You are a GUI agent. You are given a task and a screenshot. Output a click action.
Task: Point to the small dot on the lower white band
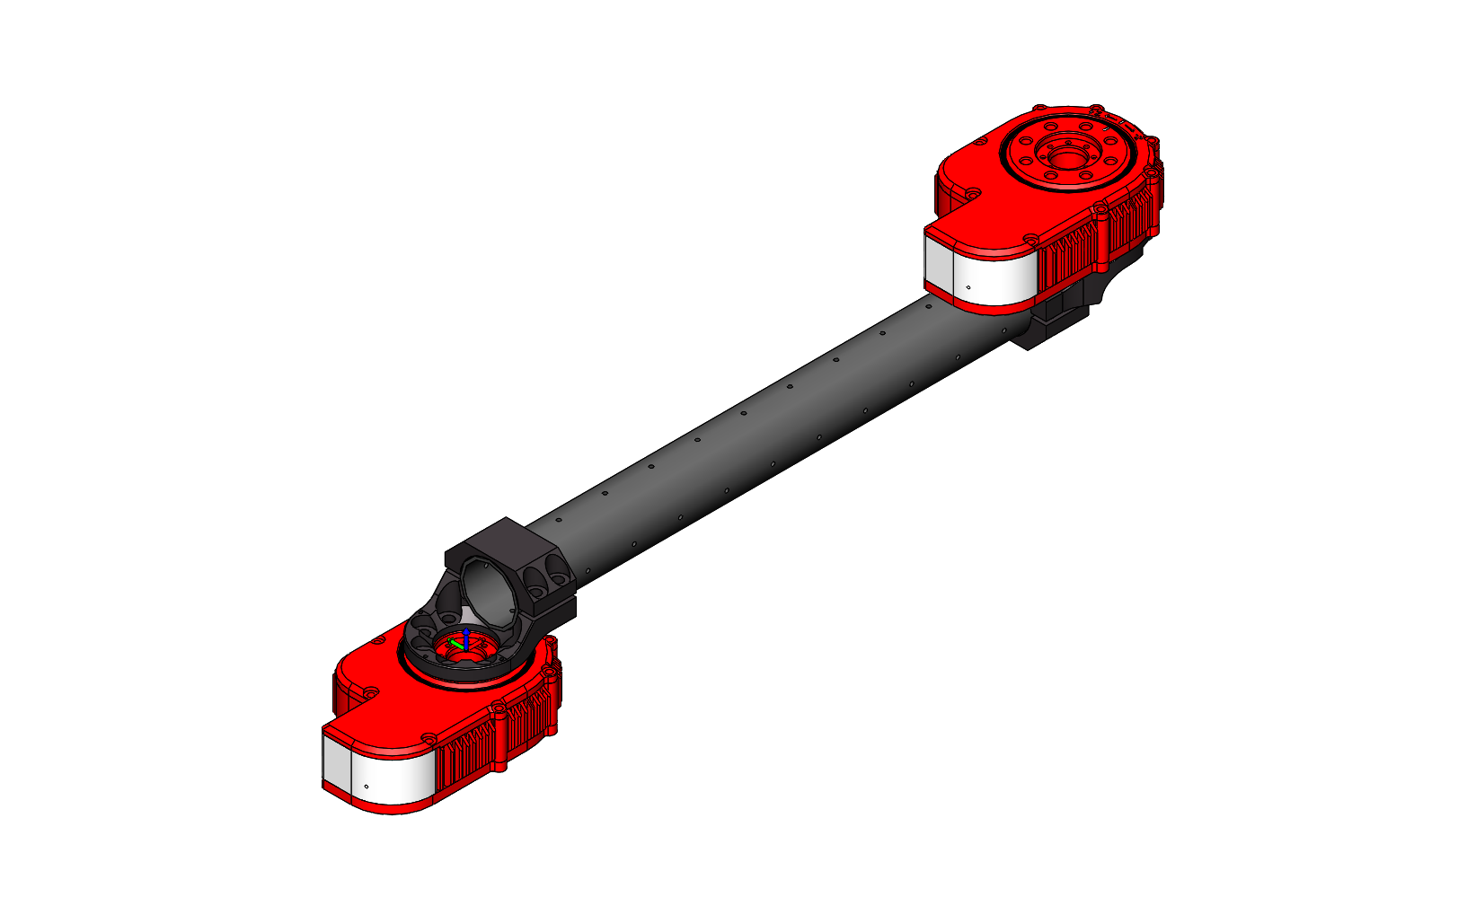point(367,787)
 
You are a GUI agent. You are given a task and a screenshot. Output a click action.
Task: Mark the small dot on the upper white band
point(968,287)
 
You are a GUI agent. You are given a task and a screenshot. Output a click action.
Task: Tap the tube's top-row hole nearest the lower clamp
point(559,520)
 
